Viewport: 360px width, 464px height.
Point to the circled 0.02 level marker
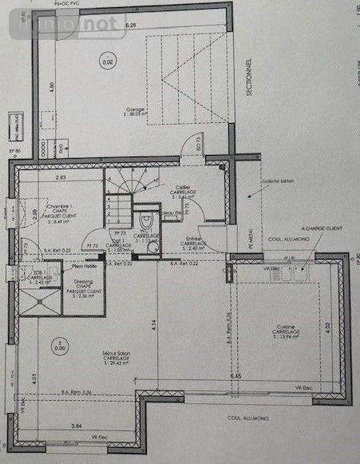pyautogui.click(x=103, y=61)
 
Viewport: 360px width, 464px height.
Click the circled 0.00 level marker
pyautogui.click(x=59, y=347)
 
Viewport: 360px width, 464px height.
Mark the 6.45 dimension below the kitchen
pyautogui.click(x=235, y=375)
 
